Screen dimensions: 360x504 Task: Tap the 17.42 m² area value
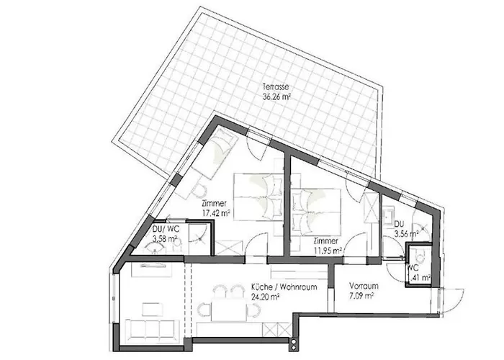(215, 213)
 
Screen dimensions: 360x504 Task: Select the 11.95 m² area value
(326, 250)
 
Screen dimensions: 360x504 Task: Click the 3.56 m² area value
(405, 233)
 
